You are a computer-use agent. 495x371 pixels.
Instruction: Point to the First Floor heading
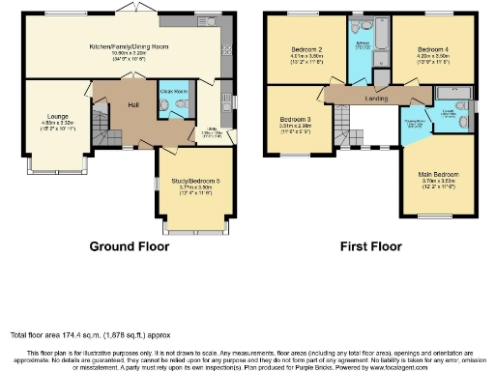click(370, 246)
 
